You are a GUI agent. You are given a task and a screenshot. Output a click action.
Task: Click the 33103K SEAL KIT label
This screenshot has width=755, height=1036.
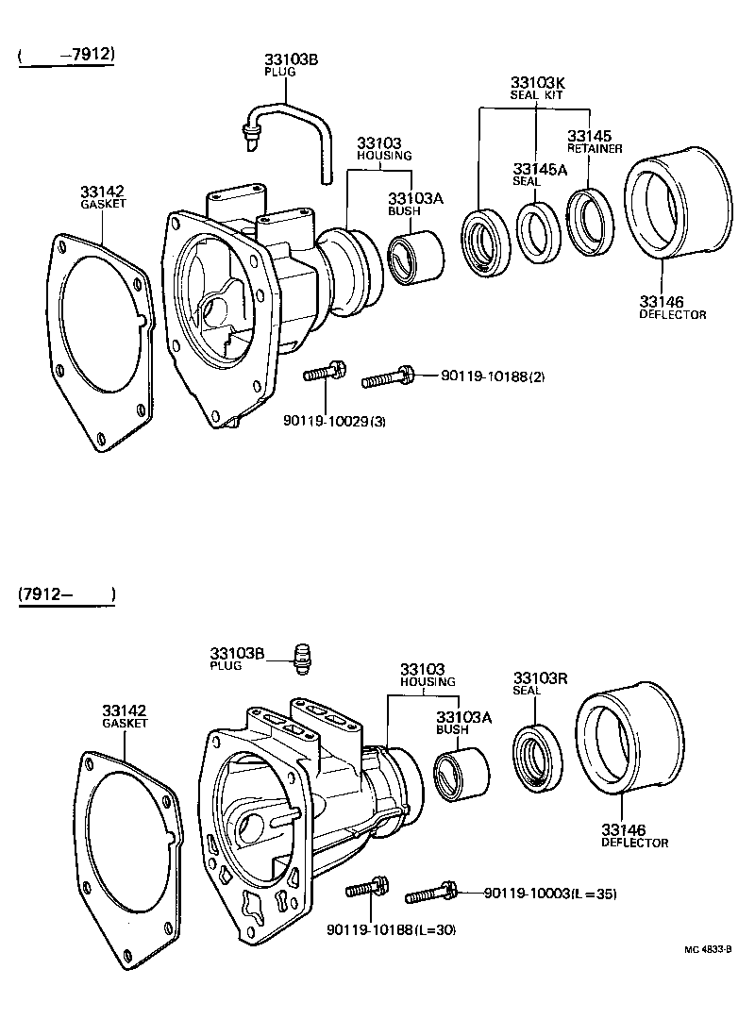coord(536,88)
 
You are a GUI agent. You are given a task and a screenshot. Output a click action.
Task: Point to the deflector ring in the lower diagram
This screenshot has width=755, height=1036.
coord(628,742)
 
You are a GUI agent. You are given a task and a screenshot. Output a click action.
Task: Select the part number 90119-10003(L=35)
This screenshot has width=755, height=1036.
coord(549,894)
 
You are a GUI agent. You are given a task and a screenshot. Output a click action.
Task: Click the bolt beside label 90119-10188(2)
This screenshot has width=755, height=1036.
coord(388,378)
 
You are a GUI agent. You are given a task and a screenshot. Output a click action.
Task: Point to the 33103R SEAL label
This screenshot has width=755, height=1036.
coord(540,683)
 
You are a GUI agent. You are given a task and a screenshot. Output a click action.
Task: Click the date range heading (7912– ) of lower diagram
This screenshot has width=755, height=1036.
coord(66,594)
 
